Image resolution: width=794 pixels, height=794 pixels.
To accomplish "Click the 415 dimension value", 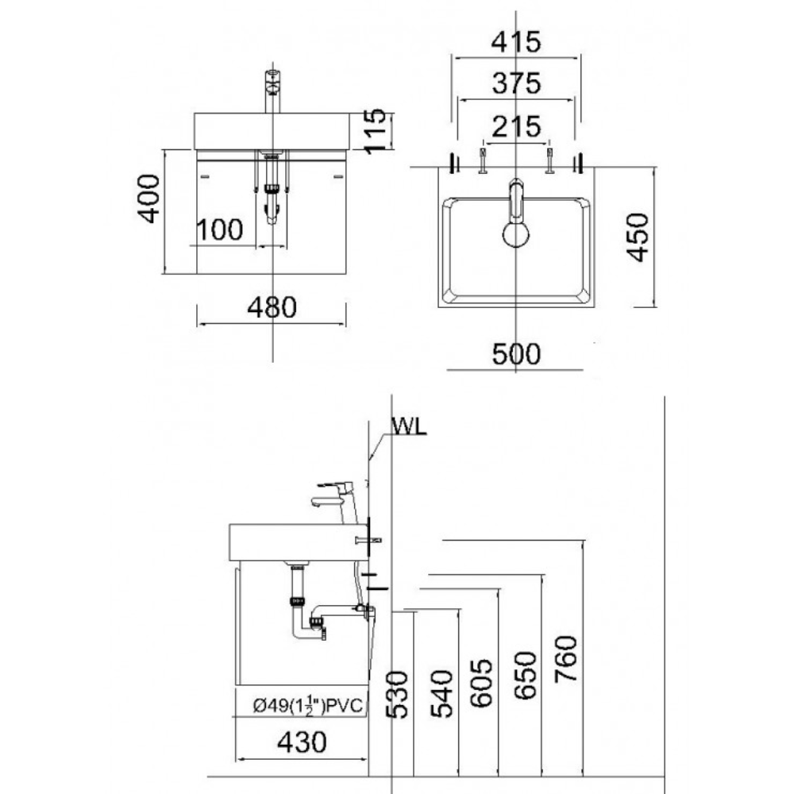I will (x=515, y=41).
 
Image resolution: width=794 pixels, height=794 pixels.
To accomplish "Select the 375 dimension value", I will (x=515, y=83).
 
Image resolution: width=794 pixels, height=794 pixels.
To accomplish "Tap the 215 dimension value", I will (x=515, y=125).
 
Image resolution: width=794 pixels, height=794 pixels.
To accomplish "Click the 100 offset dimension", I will (x=219, y=230).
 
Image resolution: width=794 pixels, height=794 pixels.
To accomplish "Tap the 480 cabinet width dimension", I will (x=272, y=307).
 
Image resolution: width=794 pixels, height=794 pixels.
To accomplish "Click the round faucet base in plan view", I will (x=517, y=235).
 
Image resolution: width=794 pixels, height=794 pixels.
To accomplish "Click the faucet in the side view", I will (x=337, y=496).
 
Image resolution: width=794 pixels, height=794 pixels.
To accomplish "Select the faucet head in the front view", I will (x=273, y=79).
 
